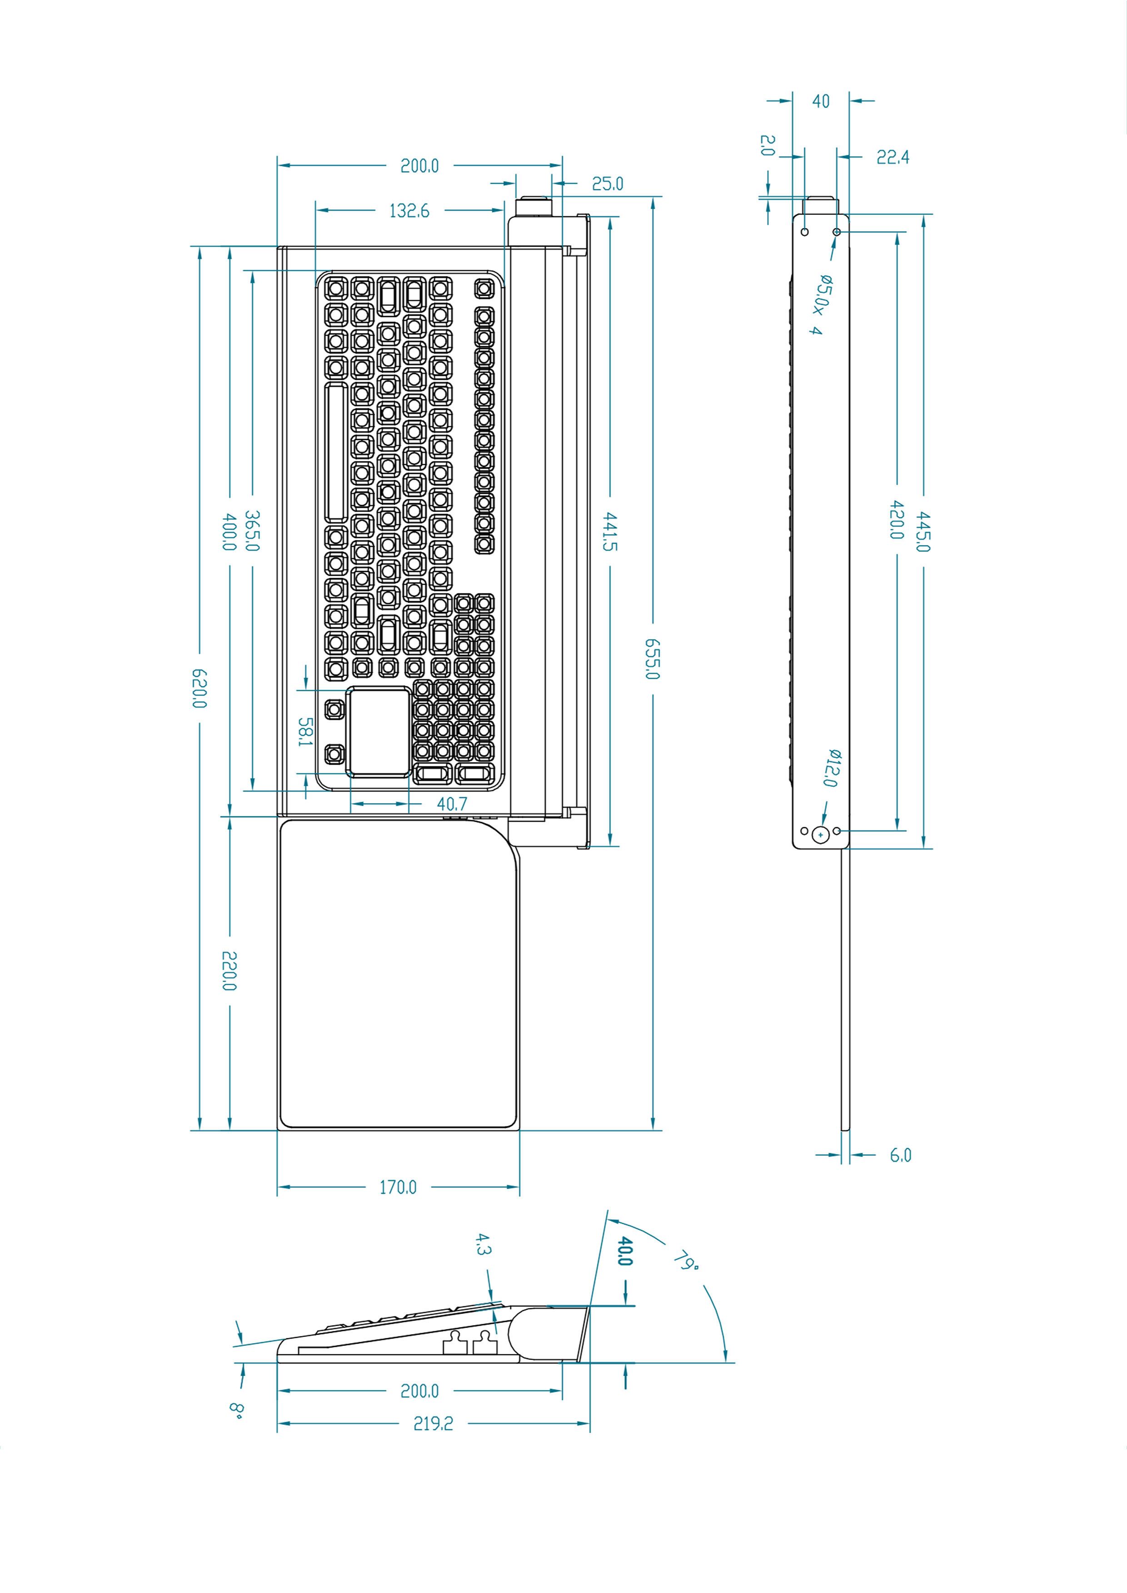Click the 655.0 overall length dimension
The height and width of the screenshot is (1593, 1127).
652,659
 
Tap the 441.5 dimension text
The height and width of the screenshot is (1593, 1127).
611,531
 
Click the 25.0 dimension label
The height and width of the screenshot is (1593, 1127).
607,184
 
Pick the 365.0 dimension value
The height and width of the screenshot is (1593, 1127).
252,531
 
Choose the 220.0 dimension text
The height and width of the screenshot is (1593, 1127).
229,971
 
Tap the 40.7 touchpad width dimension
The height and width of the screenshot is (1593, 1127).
452,804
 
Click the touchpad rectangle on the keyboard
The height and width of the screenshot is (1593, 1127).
379,730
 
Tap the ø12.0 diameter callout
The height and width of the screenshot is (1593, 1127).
831,768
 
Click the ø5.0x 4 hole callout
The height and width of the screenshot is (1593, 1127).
821,305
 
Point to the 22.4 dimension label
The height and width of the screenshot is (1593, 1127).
893,158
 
